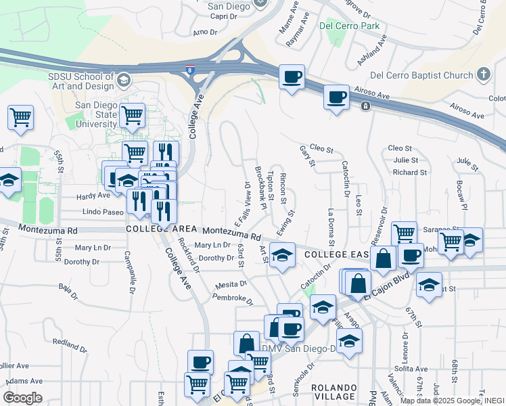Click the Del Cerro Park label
pos(350,26)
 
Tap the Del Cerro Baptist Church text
pos(423,74)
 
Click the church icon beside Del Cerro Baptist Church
pos(484,74)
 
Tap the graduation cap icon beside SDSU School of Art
pos(123,81)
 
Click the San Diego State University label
pos(96,114)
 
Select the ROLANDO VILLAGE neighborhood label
pos(335,391)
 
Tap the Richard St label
pos(409,173)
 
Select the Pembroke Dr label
pos(232,297)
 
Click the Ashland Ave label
pos(371,50)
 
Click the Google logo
pos(22,398)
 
